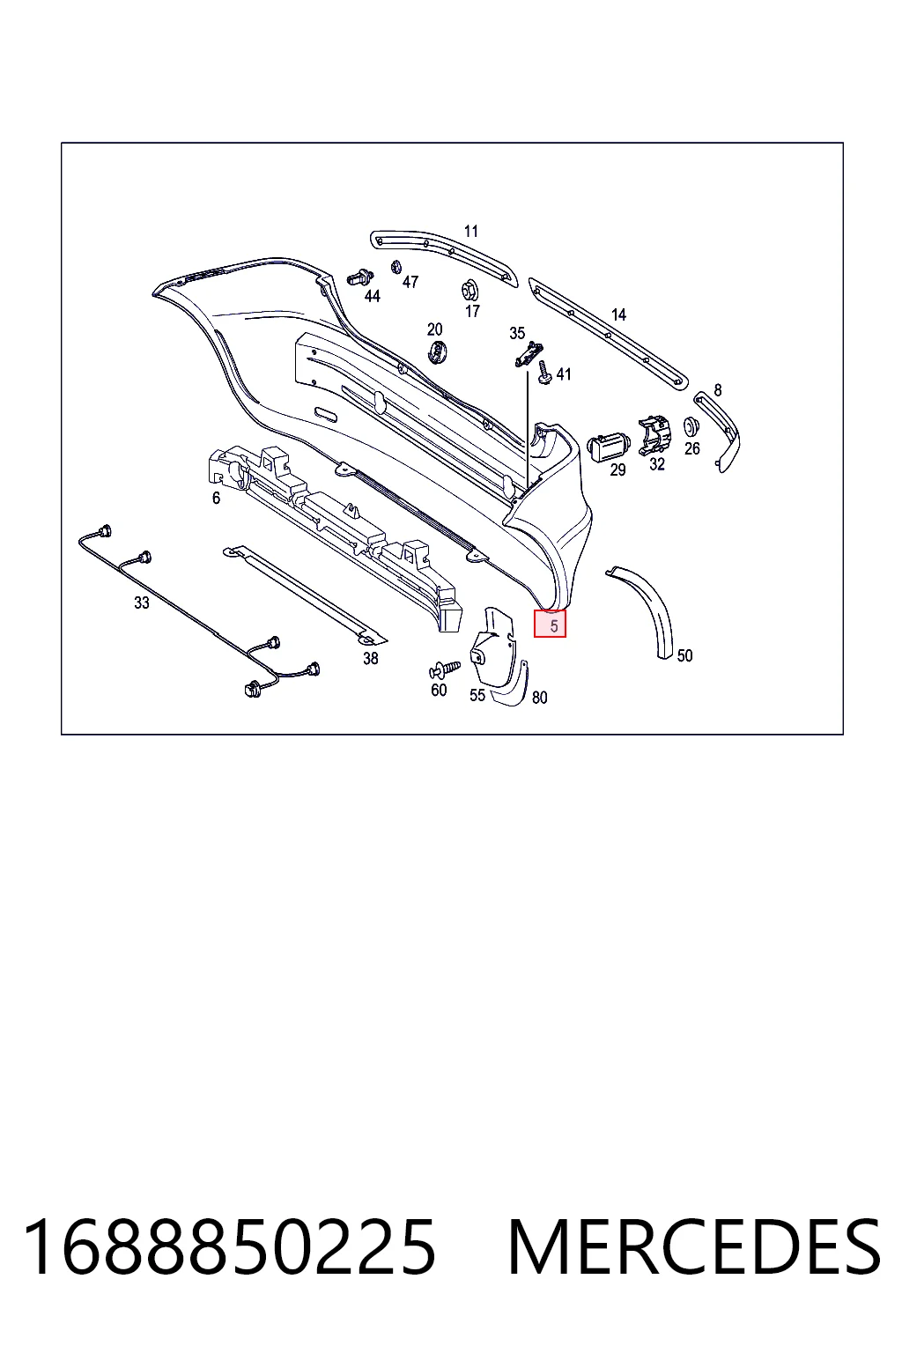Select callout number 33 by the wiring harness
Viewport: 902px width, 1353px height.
tap(141, 603)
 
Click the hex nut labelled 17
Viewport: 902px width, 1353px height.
tap(470, 292)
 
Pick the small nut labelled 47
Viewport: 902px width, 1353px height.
tap(396, 266)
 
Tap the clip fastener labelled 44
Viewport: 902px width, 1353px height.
tap(360, 277)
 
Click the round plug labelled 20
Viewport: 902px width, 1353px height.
tap(436, 352)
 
